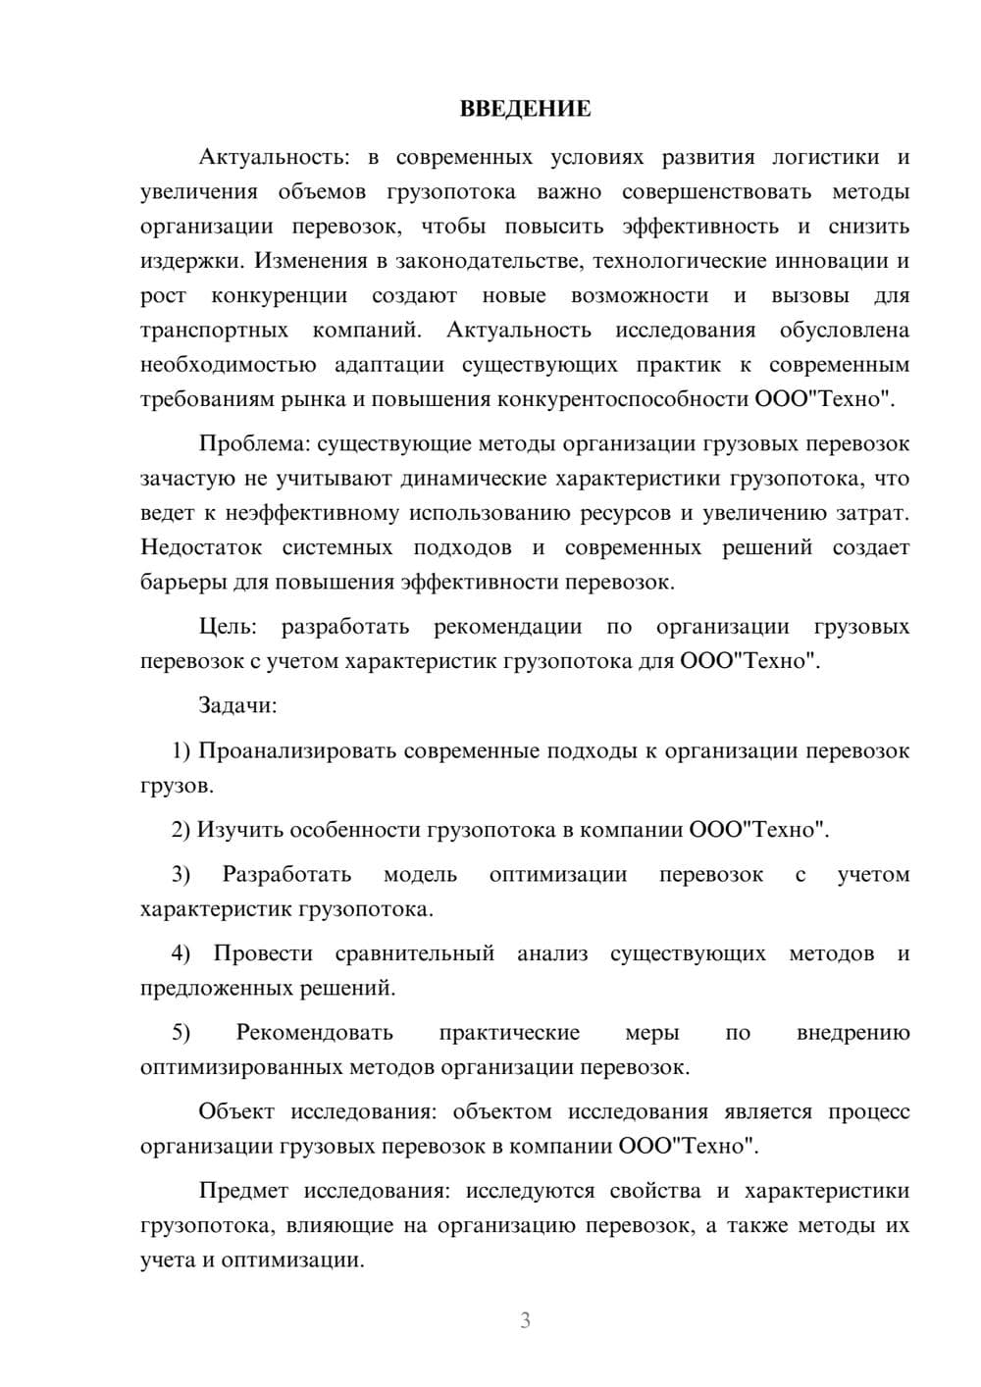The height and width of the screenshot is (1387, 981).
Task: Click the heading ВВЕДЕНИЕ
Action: [525, 109]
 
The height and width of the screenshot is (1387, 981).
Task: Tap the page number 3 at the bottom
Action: [525, 1320]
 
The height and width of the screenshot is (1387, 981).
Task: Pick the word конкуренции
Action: [280, 296]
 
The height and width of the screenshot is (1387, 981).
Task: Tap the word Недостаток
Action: [200, 547]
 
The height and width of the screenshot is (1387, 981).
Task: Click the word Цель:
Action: [228, 627]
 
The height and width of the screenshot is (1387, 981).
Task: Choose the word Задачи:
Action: [237, 705]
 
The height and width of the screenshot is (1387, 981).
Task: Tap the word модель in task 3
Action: [420, 875]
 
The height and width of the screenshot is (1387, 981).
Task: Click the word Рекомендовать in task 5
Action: [314, 1033]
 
